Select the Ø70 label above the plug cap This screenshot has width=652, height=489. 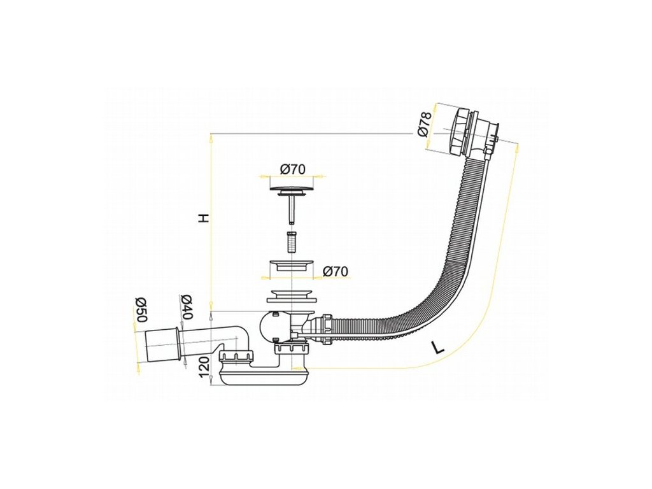pyautogui.click(x=293, y=169)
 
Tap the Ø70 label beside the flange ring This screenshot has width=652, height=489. pyautogui.click(x=336, y=272)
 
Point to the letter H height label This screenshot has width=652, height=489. pyautogui.click(x=202, y=218)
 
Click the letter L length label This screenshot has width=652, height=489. pyautogui.click(x=437, y=348)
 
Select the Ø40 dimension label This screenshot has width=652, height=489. pyautogui.click(x=186, y=308)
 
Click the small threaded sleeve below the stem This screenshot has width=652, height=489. pyautogui.click(x=292, y=243)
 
